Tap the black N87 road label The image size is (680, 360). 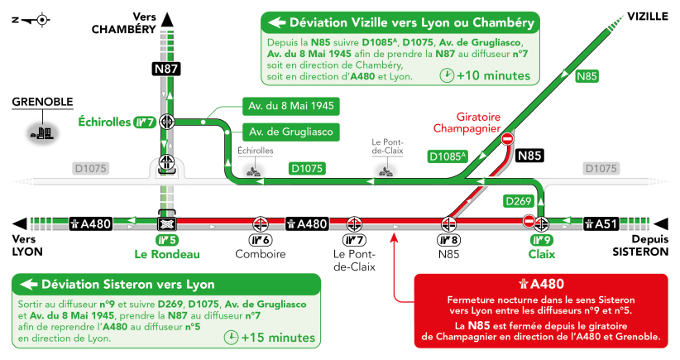(166, 70)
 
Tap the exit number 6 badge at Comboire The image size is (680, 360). (261, 241)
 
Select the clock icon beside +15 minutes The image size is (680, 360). (231, 337)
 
